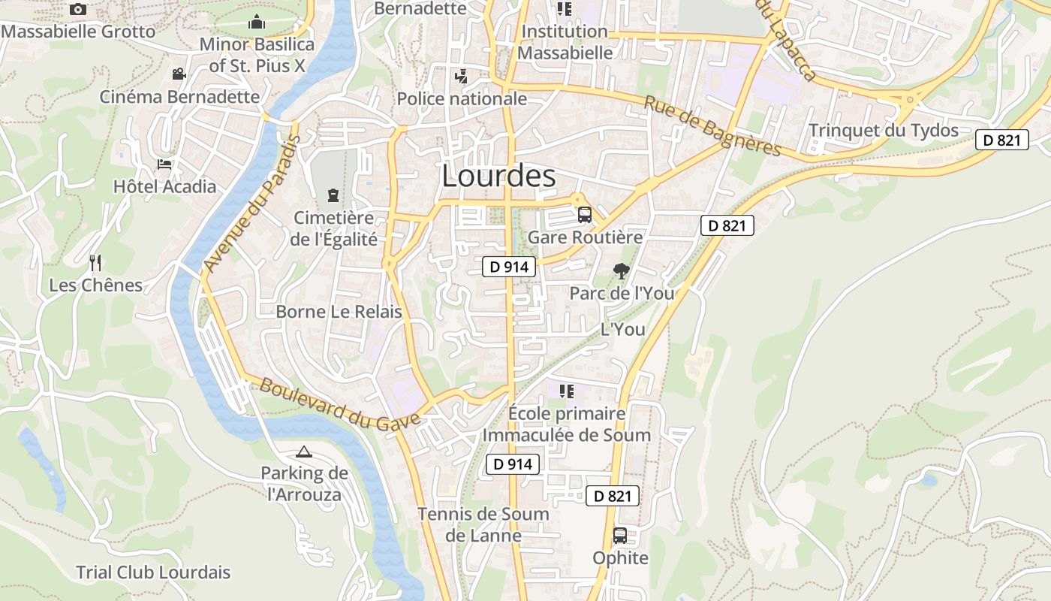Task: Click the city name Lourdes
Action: pos(498,176)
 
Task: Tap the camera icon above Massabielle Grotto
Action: pos(78,10)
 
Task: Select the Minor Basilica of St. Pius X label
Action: pos(257,55)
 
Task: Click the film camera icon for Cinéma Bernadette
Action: pos(179,74)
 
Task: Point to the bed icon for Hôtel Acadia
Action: pos(164,164)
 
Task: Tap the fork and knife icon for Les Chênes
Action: pos(95,262)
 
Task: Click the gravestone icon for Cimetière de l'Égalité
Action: pos(333,195)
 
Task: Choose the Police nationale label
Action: pos(462,98)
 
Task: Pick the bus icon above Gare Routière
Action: pos(585,215)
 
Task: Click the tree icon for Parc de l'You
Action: pos(621,271)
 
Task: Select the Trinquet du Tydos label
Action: pos(884,130)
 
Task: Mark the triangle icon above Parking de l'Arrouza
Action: pos(303,452)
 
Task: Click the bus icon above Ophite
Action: pos(620,536)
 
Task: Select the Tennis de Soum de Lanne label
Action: pos(483,525)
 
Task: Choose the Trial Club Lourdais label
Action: pos(153,572)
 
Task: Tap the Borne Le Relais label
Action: pos(339,311)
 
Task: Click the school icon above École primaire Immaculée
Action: pos(567,391)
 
